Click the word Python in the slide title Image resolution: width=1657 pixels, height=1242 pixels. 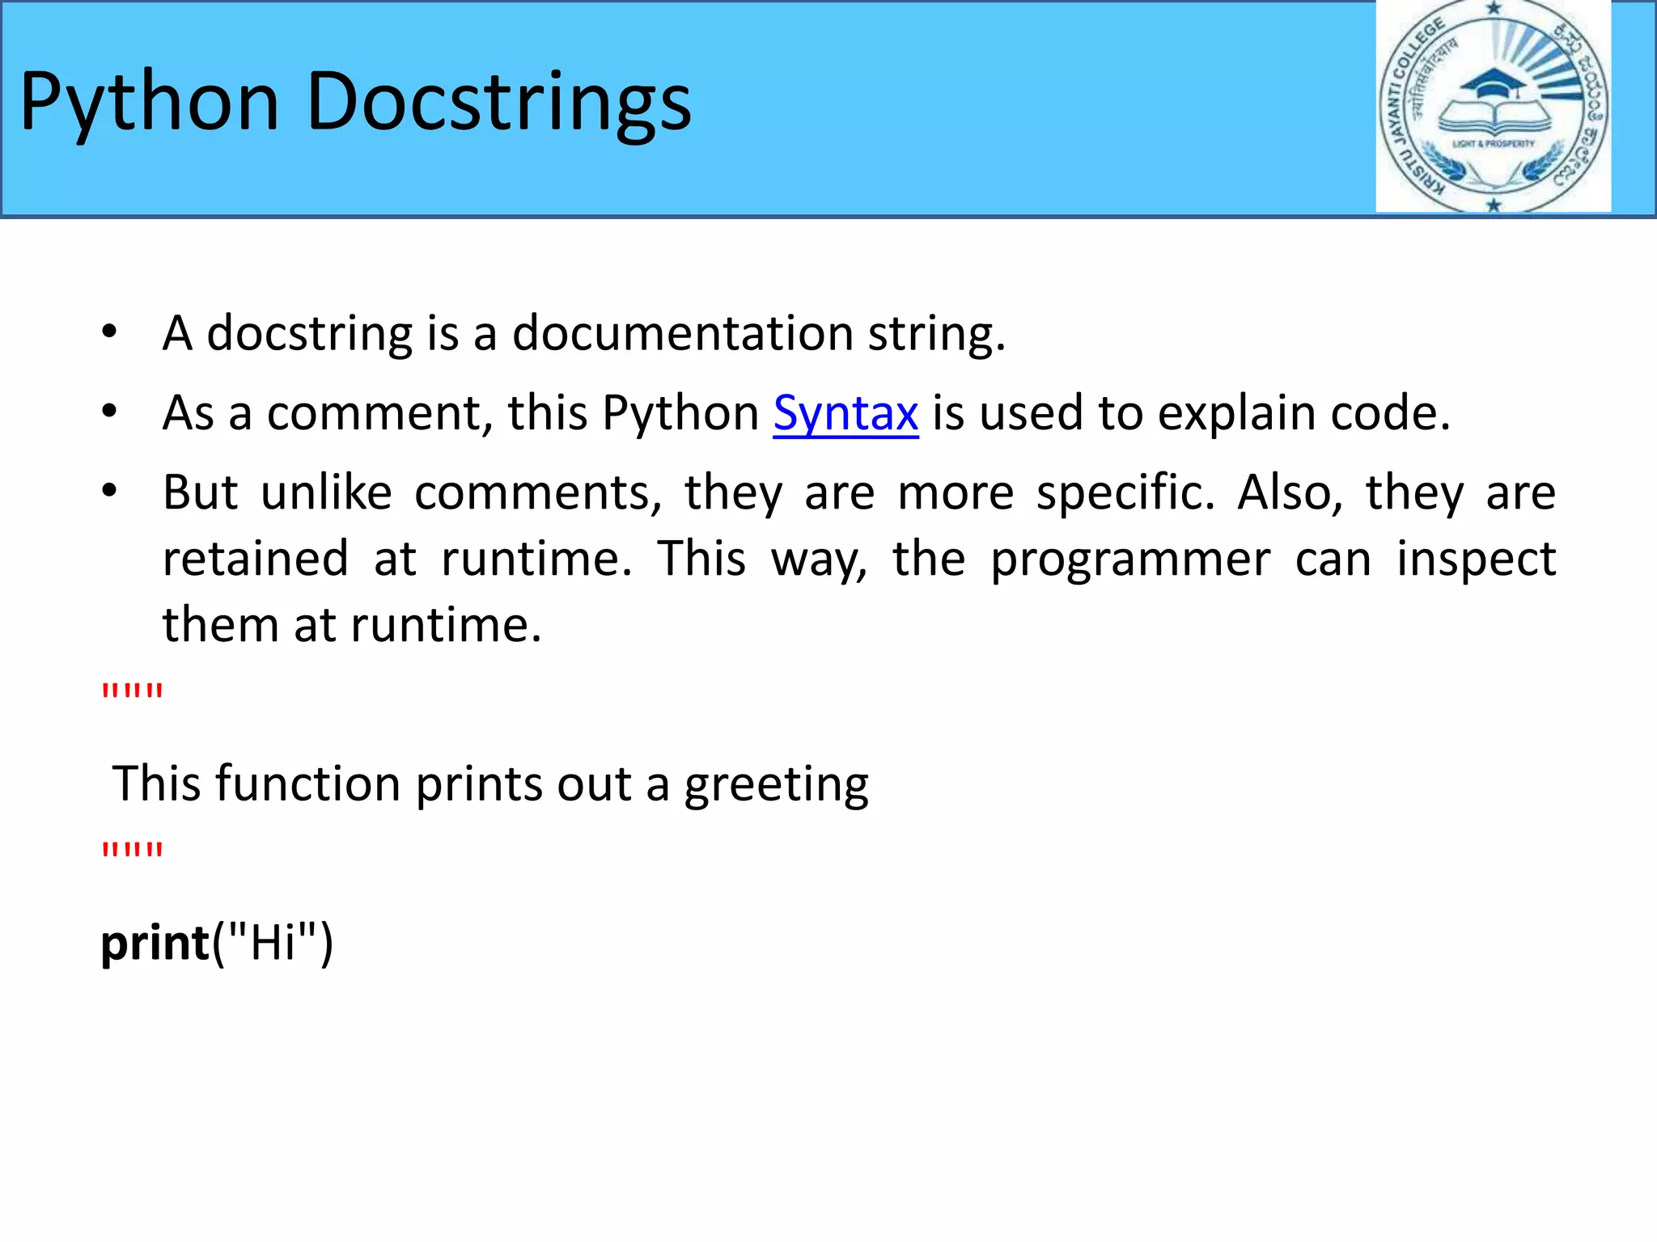click(x=150, y=103)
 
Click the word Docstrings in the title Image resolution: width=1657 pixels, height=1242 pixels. click(x=498, y=103)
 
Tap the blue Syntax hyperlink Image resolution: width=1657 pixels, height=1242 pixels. click(x=845, y=413)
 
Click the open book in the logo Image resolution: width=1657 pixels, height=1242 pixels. click(x=1494, y=118)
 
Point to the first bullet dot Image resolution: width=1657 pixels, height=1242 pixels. click(x=110, y=332)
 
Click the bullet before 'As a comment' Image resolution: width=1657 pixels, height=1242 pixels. click(x=110, y=412)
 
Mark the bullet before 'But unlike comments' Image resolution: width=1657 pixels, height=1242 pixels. click(x=110, y=491)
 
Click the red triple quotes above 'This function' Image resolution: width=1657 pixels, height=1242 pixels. click(x=132, y=692)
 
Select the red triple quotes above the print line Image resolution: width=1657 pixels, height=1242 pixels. click(x=132, y=851)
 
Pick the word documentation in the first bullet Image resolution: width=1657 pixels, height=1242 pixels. click(x=683, y=333)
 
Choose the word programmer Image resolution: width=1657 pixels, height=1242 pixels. click(x=1130, y=560)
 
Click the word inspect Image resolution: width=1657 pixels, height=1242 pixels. click(x=1476, y=560)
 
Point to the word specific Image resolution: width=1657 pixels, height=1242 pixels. click(x=1125, y=493)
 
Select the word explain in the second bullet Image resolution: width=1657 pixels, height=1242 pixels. click(x=1237, y=414)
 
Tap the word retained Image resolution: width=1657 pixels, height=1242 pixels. click(x=256, y=560)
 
